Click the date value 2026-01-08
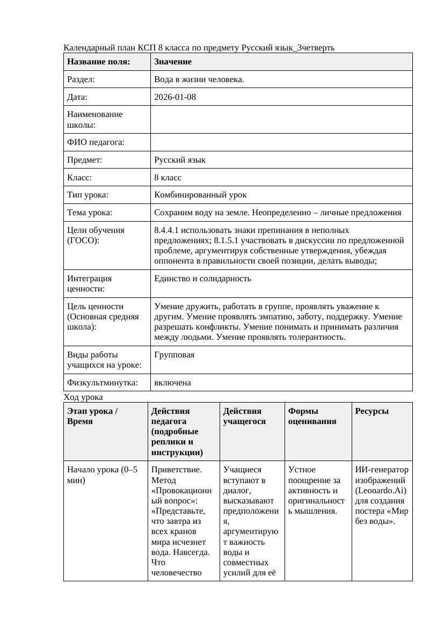174,97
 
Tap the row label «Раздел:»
81,79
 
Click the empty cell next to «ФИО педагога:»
281,142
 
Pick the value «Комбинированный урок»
200,195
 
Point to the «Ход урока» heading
83,397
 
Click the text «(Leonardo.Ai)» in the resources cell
381,491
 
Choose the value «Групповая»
174,355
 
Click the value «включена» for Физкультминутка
172,383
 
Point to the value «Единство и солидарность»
202,279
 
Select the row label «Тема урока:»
90,213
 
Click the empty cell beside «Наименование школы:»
281,119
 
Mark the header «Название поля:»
99,62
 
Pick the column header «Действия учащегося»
243,416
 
